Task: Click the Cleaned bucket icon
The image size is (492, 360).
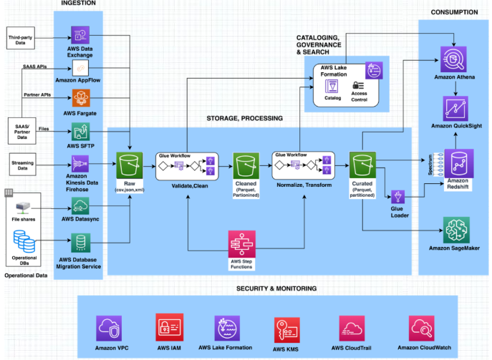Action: [245, 165]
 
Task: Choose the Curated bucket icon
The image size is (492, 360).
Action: [361, 165]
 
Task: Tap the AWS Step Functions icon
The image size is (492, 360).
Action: [241, 245]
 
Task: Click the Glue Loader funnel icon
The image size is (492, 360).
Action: [398, 196]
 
